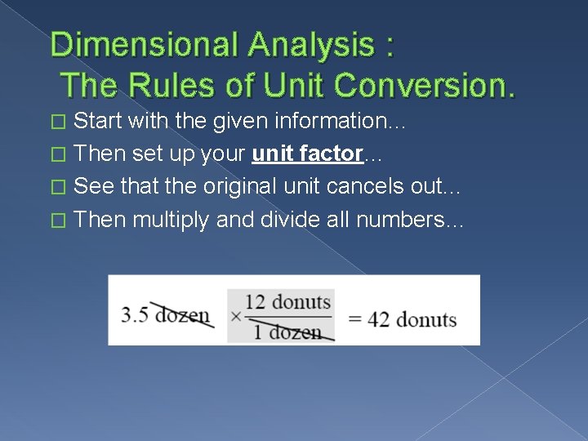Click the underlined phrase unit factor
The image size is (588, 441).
[x=308, y=154]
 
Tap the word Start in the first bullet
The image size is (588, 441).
[x=98, y=121]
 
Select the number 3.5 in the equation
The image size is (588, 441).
[x=135, y=314]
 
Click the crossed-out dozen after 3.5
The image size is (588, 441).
[x=182, y=314]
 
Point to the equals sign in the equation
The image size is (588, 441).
[x=355, y=318]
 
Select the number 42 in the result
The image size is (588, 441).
[x=378, y=318]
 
